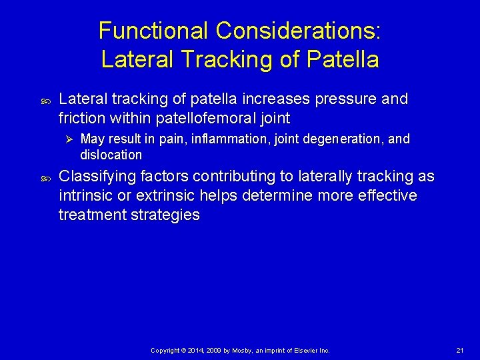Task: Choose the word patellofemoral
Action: coord(205,119)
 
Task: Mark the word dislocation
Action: coord(111,155)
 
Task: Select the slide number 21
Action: coord(460,350)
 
